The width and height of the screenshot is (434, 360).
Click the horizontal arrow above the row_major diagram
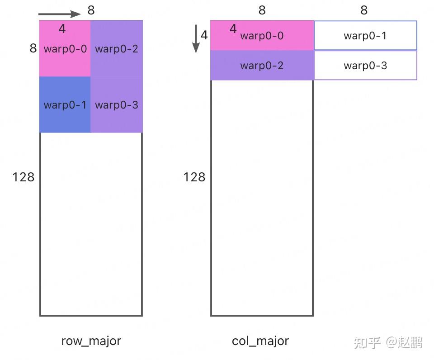59,14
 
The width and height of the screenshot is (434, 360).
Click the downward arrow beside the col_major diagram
196,38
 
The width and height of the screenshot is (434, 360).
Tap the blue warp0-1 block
65,104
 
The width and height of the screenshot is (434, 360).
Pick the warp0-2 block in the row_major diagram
117,49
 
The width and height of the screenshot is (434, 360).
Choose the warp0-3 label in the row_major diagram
117,105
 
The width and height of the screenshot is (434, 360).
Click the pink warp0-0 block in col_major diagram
262,36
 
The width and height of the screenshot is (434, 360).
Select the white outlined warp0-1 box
365,36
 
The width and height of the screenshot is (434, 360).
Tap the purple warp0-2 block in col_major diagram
262,66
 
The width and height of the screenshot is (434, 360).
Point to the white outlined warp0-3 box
365,66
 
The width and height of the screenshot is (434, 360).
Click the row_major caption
91,341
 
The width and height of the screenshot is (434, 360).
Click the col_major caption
260,341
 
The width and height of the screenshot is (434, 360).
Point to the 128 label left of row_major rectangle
24,177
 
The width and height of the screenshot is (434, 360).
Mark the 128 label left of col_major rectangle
194,177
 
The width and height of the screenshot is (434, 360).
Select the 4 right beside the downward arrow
204,35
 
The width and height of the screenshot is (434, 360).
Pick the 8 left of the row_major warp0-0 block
33,48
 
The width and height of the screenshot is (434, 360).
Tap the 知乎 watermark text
367,343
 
